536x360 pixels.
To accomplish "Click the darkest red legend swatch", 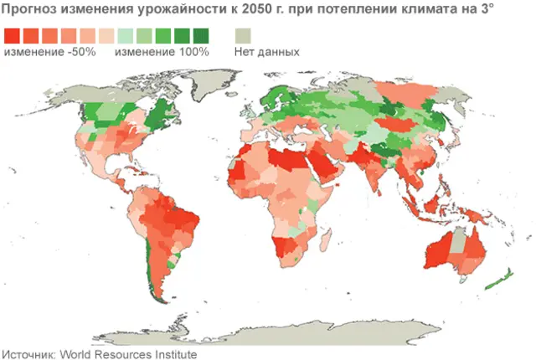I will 13,35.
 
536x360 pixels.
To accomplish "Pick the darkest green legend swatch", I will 202,35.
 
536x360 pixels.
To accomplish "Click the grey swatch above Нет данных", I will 245,35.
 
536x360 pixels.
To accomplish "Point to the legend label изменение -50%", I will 50,52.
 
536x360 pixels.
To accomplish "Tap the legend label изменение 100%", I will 162,52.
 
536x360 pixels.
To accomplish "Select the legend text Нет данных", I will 266,52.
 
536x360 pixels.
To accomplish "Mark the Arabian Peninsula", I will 323,167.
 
